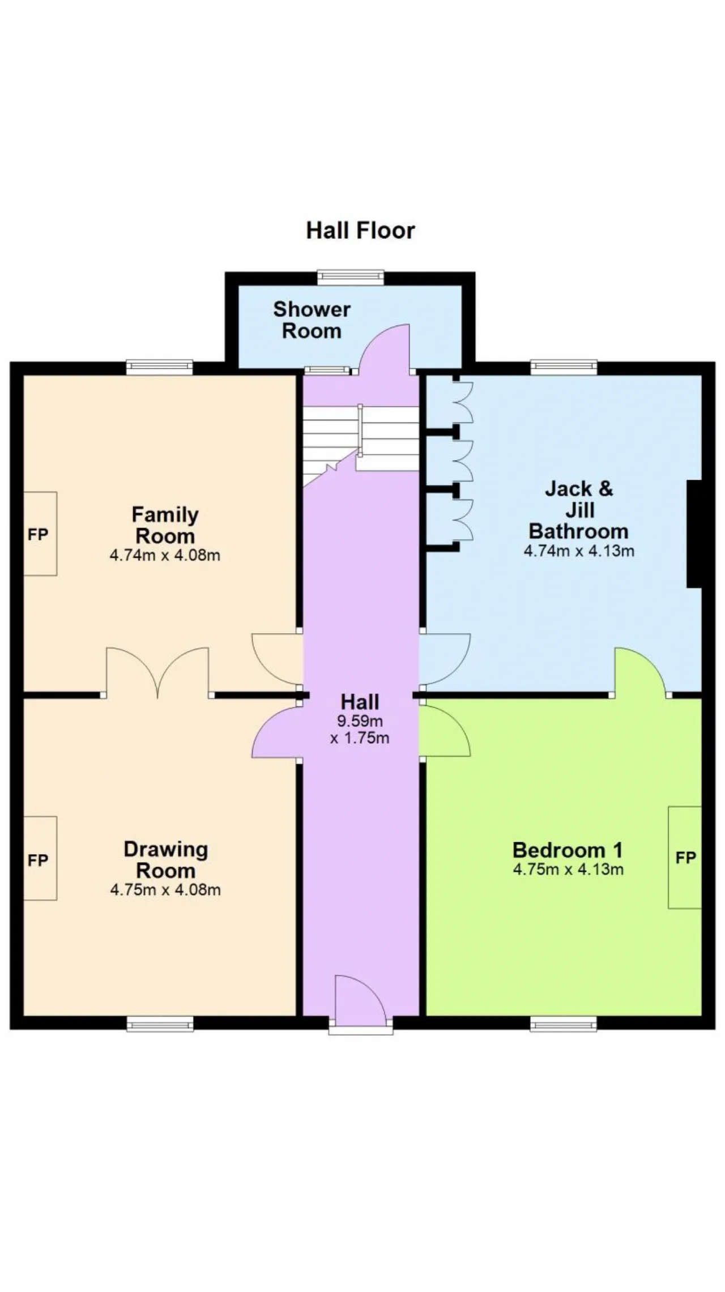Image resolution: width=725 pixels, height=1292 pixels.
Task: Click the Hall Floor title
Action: (x=361, y=231)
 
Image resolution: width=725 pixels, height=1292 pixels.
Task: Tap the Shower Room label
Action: (x=312, y=320)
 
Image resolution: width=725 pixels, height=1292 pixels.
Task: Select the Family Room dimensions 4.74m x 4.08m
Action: (x=165, y=555)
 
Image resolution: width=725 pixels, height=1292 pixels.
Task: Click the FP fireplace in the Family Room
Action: (x=40, y=534)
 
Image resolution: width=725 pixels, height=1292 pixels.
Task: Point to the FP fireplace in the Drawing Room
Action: (x=40, y=858)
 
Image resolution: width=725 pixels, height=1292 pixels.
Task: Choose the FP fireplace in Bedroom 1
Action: (x=685, y=858)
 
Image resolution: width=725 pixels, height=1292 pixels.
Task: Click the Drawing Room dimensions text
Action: (x=165, y=889)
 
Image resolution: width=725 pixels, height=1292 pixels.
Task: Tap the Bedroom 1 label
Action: (x=568, y=850)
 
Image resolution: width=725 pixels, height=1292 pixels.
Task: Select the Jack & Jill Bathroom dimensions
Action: (x=579, y=551)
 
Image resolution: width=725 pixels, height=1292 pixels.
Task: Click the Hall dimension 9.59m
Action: (x=360, y=721)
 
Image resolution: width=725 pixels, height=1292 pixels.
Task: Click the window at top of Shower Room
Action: (x=351, y=277)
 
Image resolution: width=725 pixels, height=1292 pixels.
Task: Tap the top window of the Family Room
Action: (x=160, y=368)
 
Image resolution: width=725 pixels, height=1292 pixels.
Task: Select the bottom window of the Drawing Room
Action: (x=160, y=1024)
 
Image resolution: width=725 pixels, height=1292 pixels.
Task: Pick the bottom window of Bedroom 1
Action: (x=564, y=1024)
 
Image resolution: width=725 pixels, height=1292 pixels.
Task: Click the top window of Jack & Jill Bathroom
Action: (x=564, y=368)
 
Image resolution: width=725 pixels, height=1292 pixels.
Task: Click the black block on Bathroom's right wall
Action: (x=694, y=534)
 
